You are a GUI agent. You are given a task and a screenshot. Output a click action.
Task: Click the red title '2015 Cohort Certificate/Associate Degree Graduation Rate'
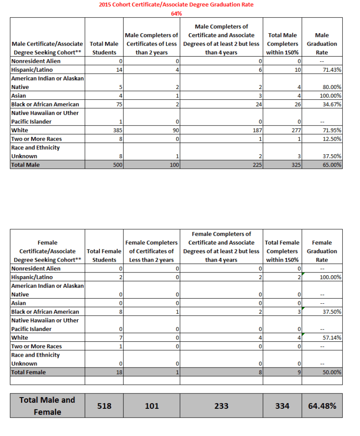[176, 5]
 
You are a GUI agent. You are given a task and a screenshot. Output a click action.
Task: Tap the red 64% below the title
[176, 14]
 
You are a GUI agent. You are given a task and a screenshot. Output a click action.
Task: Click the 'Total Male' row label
[25, 165]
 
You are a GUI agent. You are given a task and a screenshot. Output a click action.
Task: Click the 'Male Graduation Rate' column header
[322, 44]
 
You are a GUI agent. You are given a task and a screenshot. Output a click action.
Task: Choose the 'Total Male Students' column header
[104, 48]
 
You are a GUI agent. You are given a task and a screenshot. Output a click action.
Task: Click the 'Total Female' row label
[28, 372]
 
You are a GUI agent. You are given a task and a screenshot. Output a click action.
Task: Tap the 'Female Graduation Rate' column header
[322, 251]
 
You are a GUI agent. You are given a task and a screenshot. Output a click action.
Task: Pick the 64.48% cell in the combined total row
[322, 406]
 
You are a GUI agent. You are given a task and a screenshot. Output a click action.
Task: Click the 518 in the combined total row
[104, 406]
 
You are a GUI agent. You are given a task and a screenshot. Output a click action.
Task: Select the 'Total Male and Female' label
[47, 406]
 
